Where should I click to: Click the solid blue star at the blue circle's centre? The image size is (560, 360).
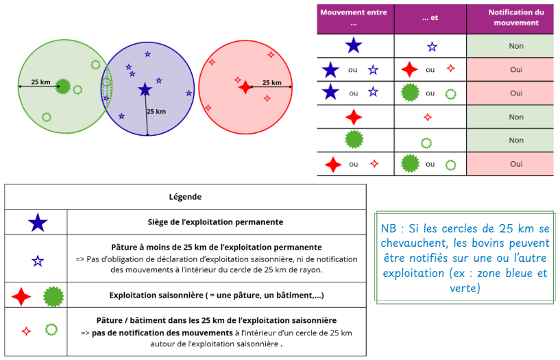tap(145, 89)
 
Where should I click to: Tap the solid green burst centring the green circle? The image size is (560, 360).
tap(63, 86)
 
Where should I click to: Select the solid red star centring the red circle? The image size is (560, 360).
tap(245, 87)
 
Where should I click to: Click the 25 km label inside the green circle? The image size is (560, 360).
tap(40, 82)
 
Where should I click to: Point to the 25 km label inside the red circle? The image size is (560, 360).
tap(272, 82)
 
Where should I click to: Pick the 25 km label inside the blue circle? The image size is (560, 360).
tap(156, 111)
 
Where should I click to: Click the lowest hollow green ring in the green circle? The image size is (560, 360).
tap(47, 117)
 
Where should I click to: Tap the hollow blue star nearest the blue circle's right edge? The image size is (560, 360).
tap(189, 93)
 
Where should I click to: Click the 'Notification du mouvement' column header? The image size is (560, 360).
tap(516, 18)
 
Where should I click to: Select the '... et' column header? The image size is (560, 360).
tap(430, 18)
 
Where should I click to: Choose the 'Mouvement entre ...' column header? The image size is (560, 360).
tap(354, 18)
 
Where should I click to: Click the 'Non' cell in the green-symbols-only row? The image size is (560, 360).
tap(516, 141)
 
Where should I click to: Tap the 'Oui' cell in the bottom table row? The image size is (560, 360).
tap(516, 164)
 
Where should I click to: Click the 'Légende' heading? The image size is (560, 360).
tap(185, 197)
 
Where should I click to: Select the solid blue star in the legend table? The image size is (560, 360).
tap(38, 222)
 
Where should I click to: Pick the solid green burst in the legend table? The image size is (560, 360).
tap(53, 296)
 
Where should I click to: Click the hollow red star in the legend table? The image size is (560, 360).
tap(26, 331)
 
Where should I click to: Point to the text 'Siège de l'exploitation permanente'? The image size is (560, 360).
tap(215, 222)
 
